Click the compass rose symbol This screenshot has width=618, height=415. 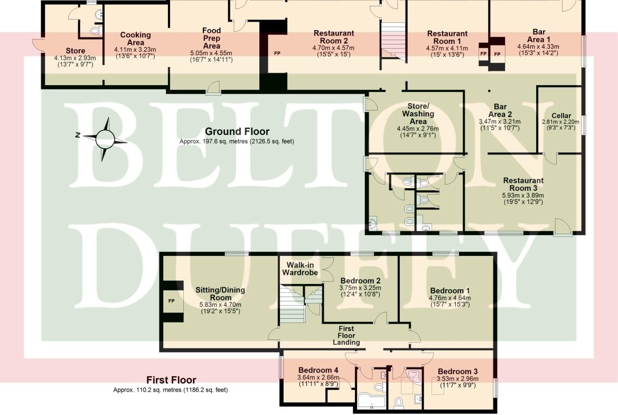pos(105,139)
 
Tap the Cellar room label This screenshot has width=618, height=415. pos(561,116)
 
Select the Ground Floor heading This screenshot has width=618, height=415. pos(237,131)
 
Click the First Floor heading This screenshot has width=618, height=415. pos(171,380)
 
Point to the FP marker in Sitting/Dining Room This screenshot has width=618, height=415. pos(172,301)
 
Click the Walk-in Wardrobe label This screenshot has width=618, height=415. pos(300,269)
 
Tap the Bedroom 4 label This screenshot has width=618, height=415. pos(318,370)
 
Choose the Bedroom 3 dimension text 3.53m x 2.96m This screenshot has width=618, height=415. pos(457,379)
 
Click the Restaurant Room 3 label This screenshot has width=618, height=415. pos(523,184)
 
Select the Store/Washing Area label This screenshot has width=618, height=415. pos(418,114)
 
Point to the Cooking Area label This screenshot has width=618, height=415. pos(135,39)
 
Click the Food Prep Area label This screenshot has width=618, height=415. pos(211,38)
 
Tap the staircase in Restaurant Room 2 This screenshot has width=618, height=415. pos(393,41)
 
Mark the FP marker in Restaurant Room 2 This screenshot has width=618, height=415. pos(277,53)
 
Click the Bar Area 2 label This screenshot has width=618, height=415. pos(500,110)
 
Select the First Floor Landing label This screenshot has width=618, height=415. pos(346,335)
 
